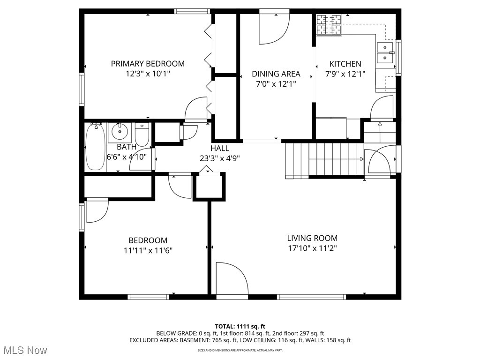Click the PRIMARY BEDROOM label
click(148, 63)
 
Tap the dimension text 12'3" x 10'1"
click(148, 74)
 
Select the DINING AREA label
click(276, 74)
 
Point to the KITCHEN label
click(345, 64)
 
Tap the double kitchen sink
click(385, 52)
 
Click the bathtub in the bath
click(96, 146)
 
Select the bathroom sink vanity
click(120, 132)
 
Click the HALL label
click(220, 148)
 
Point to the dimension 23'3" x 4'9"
click(220, 158)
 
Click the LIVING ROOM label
click(312, 238)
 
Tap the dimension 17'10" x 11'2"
click(312, 248)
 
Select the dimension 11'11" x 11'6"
click(148, 250)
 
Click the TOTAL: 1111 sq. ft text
click(240, 326)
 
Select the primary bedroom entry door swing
click(196, 111)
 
